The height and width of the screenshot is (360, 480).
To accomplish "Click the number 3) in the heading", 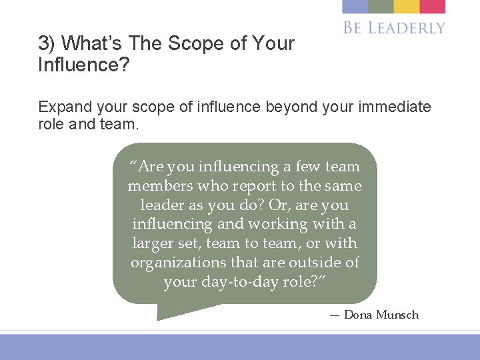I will (x=47, y=44).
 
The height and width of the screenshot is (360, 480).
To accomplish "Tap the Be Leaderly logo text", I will (x=394, y=27).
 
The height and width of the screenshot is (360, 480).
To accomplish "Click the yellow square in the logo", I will (x=407, y=7).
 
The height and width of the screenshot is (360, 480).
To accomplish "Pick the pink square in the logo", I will (x=433, y=7).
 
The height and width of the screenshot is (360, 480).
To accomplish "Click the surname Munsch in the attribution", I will (x=397, y=315).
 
